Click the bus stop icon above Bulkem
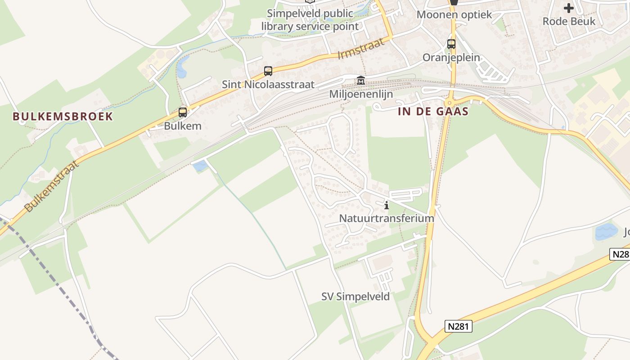point(183,112)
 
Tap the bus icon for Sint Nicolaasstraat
point(268,71)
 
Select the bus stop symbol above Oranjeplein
point(451,44)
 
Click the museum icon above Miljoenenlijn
point(361,81)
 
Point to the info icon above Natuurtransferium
point(387,206)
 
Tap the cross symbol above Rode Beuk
point(569,8)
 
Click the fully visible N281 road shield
point(459,327)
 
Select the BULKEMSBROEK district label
point(63,117)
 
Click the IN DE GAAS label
point(433,112)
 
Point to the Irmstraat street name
point(361,49)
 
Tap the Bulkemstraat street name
point(52,185)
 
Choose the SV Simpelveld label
point(355,297)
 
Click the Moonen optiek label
point(454,14)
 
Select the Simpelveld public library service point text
point(310,20)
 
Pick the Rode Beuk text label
point(569,21)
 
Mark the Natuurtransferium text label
point(387,218)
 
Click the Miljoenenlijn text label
point(361,94)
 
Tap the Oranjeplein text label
point(451,58)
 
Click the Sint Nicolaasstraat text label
point(268,85)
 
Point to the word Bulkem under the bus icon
point(183,126)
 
